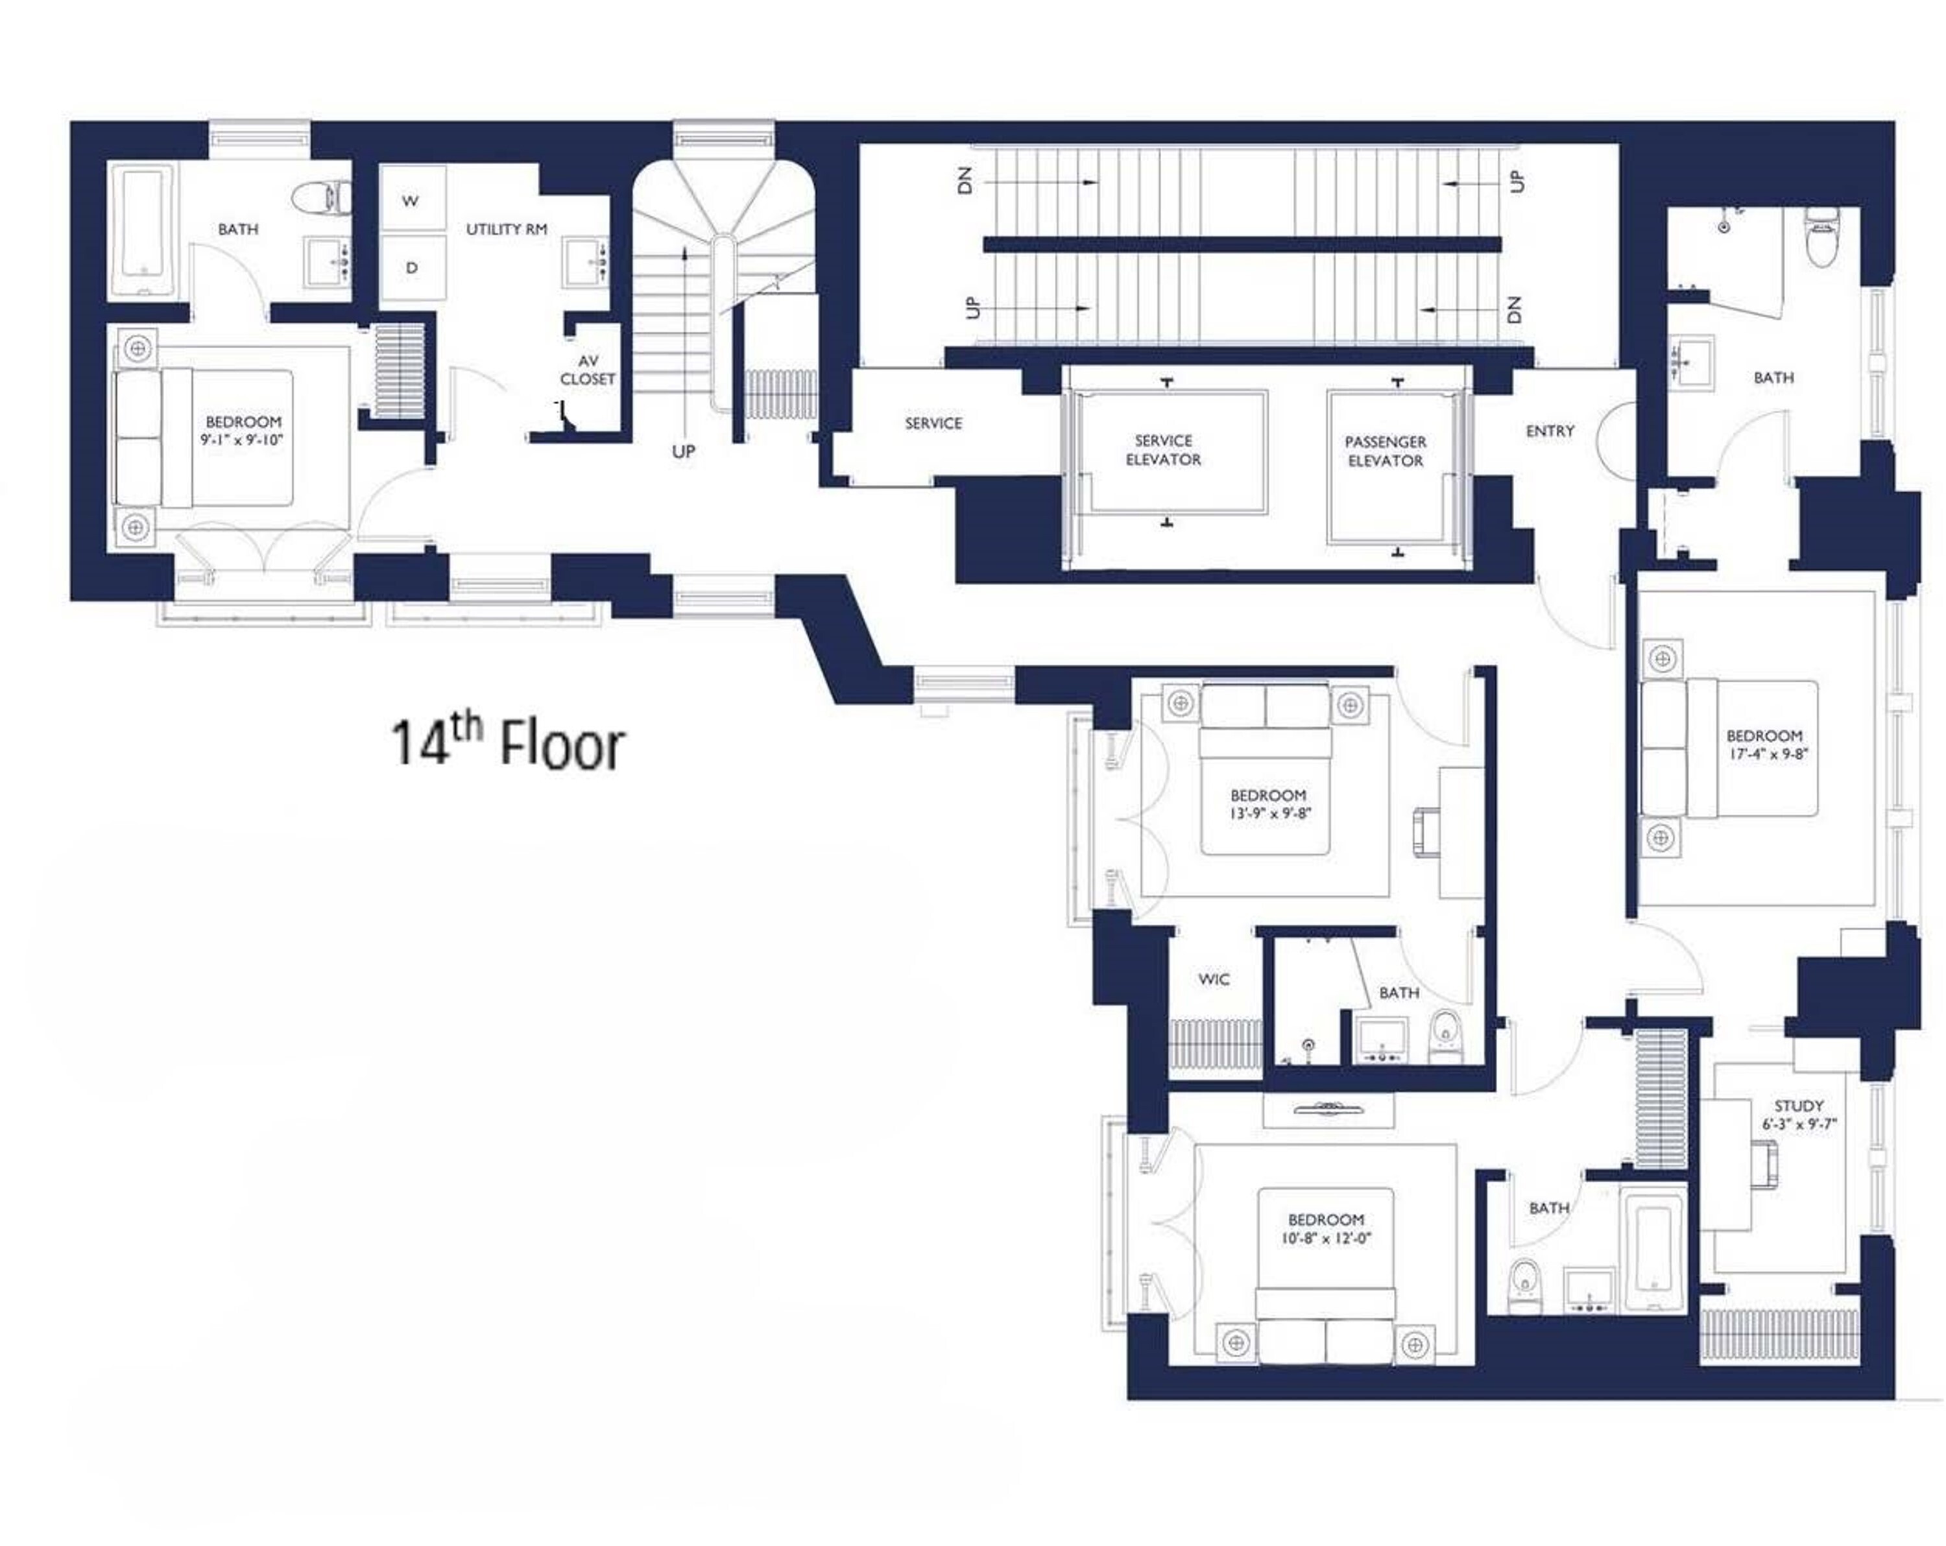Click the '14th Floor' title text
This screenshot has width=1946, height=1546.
507,744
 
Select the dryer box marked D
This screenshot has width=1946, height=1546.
412,268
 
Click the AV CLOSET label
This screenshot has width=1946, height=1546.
588,370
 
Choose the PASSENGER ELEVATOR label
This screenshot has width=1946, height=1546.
1385,450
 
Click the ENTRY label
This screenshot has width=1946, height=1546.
1549,431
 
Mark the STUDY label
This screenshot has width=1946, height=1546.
1798,1106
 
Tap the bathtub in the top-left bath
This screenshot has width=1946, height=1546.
145,232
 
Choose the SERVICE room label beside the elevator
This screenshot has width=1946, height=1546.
933,423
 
